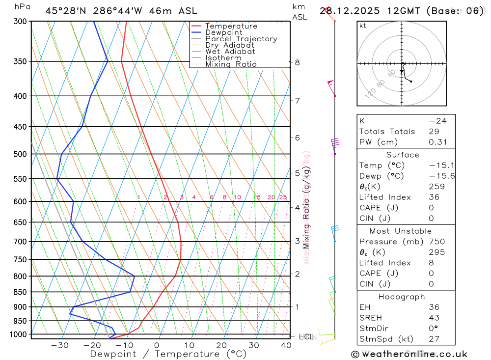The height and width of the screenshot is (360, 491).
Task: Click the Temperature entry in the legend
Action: pos(231,26)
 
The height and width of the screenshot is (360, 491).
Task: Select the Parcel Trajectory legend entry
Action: pos(241,39)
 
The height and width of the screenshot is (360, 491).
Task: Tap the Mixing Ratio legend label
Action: pos(231,64)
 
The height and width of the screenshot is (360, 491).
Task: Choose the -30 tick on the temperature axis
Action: pos(59,345)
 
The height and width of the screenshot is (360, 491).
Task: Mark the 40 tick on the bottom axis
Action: pos(286,345)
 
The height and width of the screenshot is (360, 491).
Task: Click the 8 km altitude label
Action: pos(297,62)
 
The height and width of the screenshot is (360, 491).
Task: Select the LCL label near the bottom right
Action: pos(306,337)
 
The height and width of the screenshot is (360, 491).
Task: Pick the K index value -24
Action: pos(438,121)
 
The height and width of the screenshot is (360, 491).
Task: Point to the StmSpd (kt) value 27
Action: pos(434,339)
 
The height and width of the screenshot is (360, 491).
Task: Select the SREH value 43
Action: pos(434,318)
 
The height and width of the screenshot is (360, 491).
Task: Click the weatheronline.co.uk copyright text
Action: pos(409,354)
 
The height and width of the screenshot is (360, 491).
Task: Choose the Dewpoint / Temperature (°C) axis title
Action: pos(168,354)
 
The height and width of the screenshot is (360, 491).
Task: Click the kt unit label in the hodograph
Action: pos(363,26)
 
